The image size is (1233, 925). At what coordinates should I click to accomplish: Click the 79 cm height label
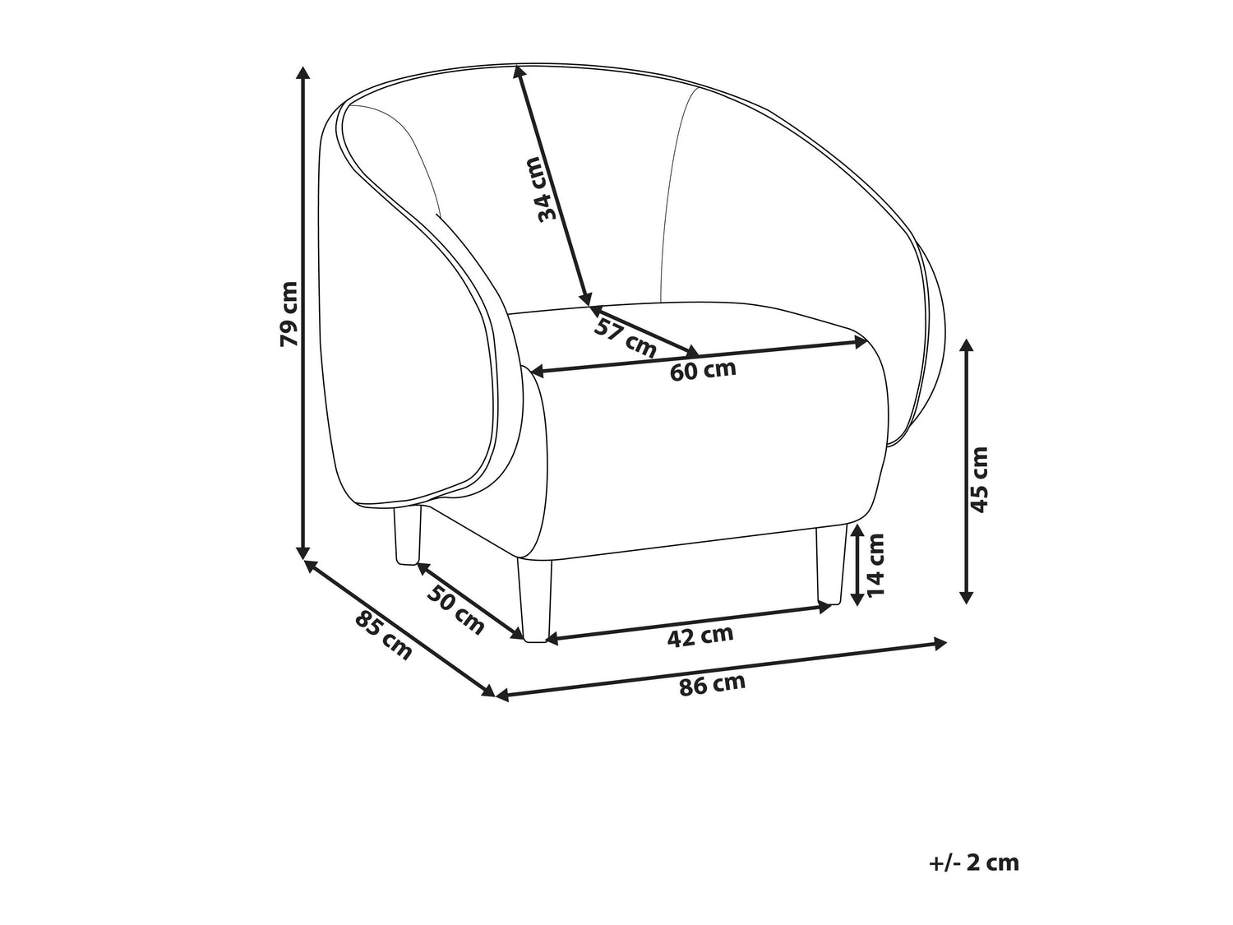[289, 313]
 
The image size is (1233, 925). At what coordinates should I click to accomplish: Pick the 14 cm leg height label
[875, 564]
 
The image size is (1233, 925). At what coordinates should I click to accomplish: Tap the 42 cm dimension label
[700, 636]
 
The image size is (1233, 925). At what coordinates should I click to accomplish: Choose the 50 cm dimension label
[456, 608]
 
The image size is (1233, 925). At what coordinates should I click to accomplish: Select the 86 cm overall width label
[713, 685]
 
